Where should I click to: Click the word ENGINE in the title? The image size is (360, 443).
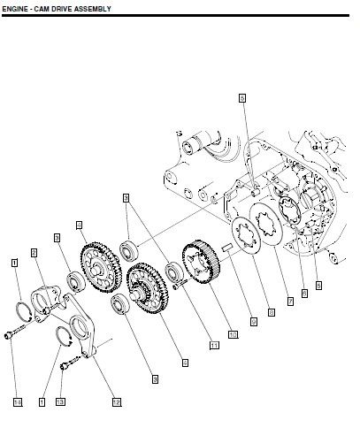tap(18, 7)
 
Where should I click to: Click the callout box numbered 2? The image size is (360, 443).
tap(34, 252)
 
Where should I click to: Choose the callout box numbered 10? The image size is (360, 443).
tap(233, 334)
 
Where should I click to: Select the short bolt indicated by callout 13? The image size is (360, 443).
tap(68, 362)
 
